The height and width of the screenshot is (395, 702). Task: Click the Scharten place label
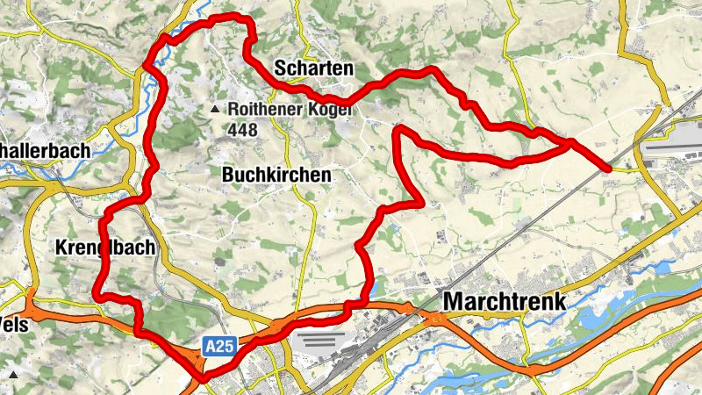[x=313, y=68]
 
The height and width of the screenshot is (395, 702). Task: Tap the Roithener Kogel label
[x=289, y=110]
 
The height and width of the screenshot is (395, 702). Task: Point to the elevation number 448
[x=241, y=131]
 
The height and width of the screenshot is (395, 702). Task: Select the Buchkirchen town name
[x=277, y=175]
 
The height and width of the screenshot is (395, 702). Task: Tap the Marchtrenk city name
[x=505, y=301]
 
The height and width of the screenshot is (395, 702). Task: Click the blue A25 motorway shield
[x=220, y=348]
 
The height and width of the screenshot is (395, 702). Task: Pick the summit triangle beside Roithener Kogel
[x=215, y=109]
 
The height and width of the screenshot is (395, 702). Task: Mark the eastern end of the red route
[x=608, y=166]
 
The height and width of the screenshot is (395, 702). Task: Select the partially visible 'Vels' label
[x=15, y=324]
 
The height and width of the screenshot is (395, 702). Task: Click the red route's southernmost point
[x=203, y=378]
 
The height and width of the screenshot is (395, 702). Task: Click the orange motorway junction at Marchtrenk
[x=429, y=317]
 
